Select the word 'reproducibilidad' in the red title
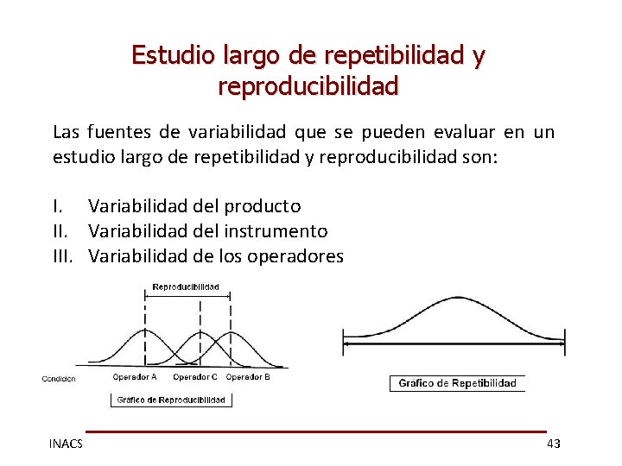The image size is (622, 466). pyautogui.click(x=308, y=87)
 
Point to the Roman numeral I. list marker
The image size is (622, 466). pyautogui.click(x=57, y=205)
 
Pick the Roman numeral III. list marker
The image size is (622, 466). pyautogui.click(x=65, y=255)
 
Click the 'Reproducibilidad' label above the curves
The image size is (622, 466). pyautogui.click(x=186, y=287)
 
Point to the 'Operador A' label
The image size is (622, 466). pyautogui.click(x=135, y=377)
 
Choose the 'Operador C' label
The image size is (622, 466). pyautogui.click(x=195, y=377)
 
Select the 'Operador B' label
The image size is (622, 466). pyautogui.click(x=248, y=377)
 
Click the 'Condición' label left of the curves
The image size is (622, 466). pyautogui.click(x=59, y=378)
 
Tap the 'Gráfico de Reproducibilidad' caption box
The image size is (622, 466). pyautogui.click(x=171, y=400)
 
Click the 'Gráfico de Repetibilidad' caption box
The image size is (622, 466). pyautogui.click(x=457, y=383)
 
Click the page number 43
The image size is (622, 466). pyautogui.click(x=554, y=444)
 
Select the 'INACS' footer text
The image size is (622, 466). pyautogui.click(x=66, y=444)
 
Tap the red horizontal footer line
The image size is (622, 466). pyautogui.click(x=316, y=431)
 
